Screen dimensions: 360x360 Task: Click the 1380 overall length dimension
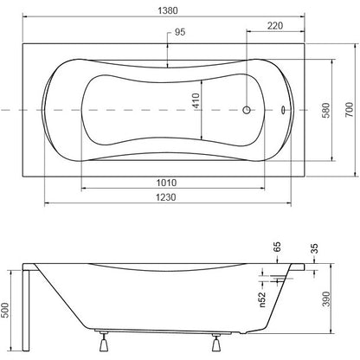168,10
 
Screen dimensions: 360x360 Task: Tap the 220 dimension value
275,26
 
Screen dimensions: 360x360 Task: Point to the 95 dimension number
180,32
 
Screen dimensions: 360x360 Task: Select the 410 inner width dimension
196,100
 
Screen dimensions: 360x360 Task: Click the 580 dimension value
325,110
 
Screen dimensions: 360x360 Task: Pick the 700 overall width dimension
349,110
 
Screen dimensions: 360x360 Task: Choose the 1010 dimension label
166,183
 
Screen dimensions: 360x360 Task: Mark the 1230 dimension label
166,197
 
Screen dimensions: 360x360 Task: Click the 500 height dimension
5,310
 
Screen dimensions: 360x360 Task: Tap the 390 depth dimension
326,299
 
